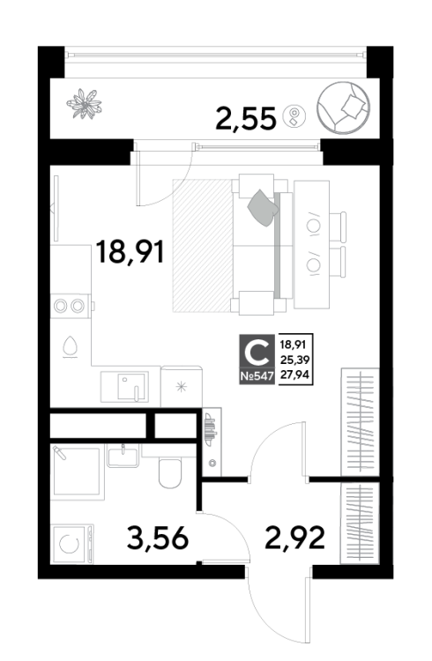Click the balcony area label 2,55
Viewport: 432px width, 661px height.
[x=245, y=118]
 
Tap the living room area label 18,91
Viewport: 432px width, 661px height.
[x=130, y=252]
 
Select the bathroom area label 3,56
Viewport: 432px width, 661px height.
[x=157, y=538]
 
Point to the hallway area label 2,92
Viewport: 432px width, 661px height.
[x=294, y=538]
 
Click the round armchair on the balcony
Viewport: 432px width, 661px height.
[x=344, y=108]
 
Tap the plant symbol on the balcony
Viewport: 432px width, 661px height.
[x=85, y=104]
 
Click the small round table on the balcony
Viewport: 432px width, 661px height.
[x=294, y=115]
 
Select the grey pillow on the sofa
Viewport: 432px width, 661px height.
[x=263, y=207]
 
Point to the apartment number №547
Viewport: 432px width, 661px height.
[x=257, y=376]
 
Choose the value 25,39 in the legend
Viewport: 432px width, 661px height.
[x=294, y=360]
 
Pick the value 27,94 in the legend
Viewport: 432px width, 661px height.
[x=294, y=375]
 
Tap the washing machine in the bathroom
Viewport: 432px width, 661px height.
[x=71, y=544]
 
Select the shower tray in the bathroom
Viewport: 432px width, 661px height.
[x=77, y=472]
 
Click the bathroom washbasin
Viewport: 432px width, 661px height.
[x=123, y=457]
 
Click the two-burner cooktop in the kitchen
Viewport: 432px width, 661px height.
[x=70, y=306]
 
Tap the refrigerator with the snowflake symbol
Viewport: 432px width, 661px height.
[x=182, y=387]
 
